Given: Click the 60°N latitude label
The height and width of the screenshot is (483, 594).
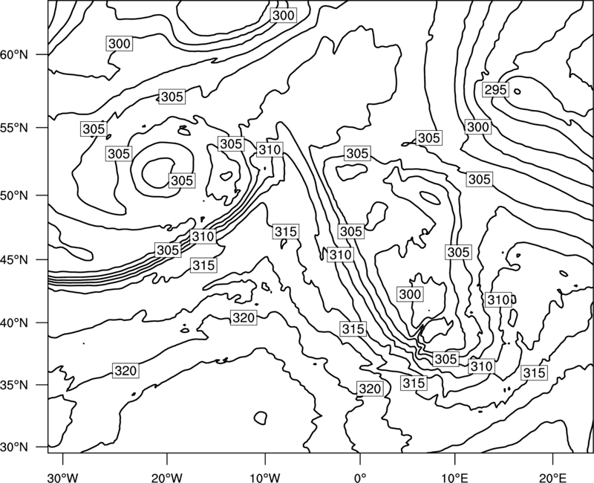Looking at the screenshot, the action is (14, 55).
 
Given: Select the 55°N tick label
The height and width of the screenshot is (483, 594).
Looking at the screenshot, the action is (14, 128).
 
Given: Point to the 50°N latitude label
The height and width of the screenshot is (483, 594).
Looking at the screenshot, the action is (14, 195).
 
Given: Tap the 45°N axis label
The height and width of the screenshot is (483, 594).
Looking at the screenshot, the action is (14, 259).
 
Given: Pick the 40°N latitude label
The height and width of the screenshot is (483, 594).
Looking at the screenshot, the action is (14, 323).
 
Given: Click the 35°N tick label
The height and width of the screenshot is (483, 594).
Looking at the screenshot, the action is (14, 385).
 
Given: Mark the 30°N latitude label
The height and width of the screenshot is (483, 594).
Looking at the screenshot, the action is (14, 447).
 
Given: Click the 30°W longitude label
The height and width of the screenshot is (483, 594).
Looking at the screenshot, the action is (63, 478).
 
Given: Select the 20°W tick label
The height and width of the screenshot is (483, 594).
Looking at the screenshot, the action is (167, 478).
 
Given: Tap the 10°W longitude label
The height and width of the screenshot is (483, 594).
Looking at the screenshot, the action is (265, 478).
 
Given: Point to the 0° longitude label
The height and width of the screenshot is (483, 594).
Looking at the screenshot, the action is (360, 478).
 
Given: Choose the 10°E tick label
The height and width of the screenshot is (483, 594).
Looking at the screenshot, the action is (454, 478).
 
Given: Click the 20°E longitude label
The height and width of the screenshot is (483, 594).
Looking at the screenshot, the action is (552, 478).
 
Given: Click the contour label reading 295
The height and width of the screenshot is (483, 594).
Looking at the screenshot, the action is (495, 90).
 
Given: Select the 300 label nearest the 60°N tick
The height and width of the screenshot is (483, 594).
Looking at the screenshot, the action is (120, 44).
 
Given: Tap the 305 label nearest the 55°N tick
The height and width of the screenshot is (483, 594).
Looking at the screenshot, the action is (94, 129).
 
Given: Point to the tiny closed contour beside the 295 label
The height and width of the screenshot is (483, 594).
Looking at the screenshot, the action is (517, 91).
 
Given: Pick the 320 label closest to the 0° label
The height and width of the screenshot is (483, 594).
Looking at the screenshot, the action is (369, 389).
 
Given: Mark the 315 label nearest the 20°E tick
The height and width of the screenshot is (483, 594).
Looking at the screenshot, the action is (534, 373).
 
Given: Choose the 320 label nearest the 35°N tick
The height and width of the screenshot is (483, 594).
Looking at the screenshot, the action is (125, 370).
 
